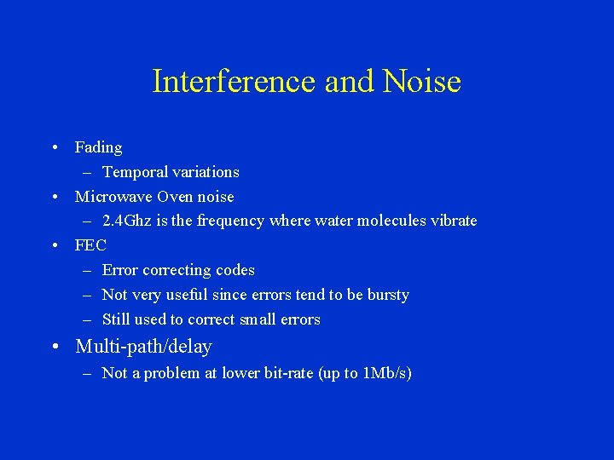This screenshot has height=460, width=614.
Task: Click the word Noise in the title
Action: pyautogui.click(x=422, y=82)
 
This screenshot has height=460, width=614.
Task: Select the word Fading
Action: pyautogui.click(x=98, y=147)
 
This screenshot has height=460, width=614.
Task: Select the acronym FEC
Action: pyautogui.click(x=90, y=245)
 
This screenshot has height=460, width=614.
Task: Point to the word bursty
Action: pyautogui.click(x=388, y=295)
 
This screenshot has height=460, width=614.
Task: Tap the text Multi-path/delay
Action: pyautogui.click(x=143, y=347)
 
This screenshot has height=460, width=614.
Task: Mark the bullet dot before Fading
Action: pyautogui.click(x=54, y=147)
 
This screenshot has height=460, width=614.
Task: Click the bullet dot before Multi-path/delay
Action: pyautogui.click(x=54, y=347)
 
